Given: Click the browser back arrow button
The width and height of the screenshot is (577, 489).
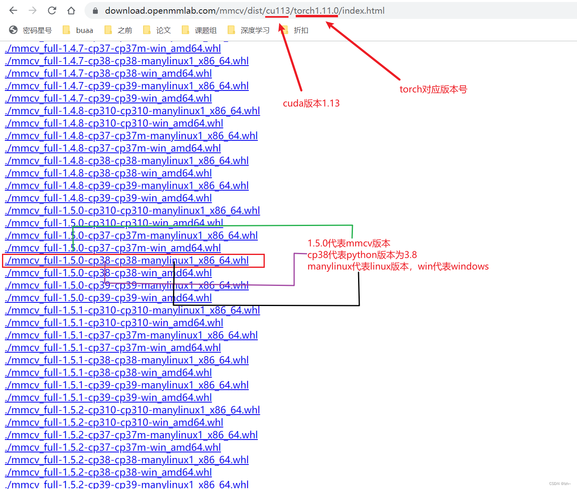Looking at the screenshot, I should click(x=13, y=10).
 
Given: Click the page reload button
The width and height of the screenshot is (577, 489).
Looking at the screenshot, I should click(x=52, y=10).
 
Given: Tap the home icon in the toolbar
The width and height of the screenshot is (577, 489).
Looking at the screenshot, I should click(x=71, y=10).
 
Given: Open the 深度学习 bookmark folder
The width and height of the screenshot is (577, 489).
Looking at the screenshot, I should click(x=249, y=30).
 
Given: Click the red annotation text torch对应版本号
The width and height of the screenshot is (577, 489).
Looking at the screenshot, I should click(x=433, y=89).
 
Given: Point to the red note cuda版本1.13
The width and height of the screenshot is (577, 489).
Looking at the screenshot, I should click(x=311, y=103).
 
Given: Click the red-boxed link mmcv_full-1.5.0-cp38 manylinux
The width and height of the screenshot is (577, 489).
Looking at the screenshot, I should click(x=127, y=261).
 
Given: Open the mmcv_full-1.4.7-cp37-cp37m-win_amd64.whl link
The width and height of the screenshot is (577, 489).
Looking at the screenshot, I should click(x=113, y=49).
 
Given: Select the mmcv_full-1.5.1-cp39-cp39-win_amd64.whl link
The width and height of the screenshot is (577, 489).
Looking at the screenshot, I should click(x=109, y=398).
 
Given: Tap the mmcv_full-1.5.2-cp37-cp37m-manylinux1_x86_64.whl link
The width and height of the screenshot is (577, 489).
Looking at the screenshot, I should click(x=132, y=435).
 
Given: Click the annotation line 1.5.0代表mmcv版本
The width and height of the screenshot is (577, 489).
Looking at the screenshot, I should click(x=349, y=243).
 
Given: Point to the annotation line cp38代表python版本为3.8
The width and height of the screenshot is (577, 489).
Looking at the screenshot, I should click(x=362, y=255).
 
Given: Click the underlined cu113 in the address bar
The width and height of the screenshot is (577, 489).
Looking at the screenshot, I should click(x=278, y=11).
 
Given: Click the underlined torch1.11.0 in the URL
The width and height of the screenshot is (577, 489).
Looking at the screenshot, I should click(x=317, y=11).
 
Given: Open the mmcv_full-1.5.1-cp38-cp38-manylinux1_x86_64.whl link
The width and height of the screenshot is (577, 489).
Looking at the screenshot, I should click(x=127, y=360).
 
